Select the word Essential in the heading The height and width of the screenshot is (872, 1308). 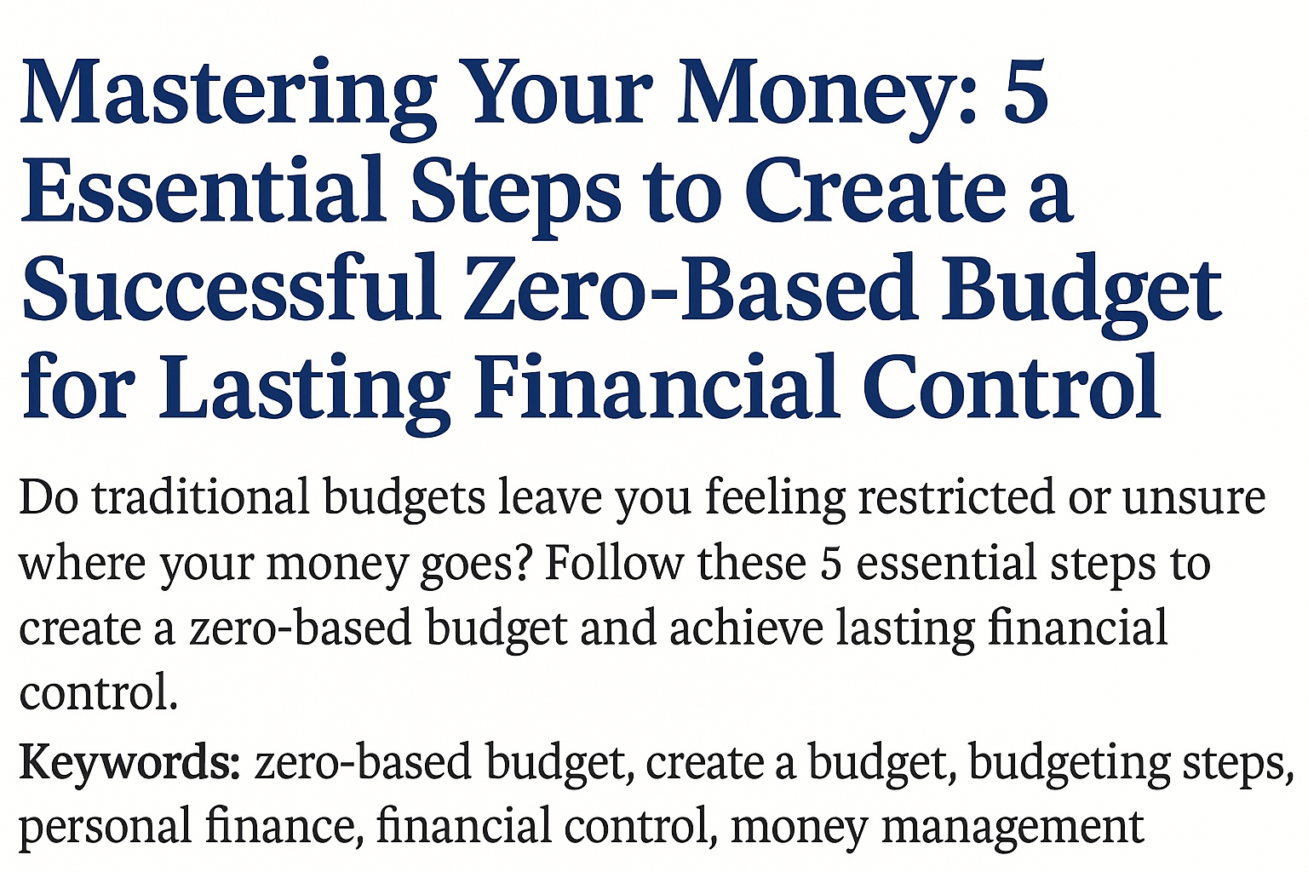pos(203,189)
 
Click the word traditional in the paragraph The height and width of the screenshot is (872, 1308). pos(201,497)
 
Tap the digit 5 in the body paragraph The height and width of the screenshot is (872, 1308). pos(830,564)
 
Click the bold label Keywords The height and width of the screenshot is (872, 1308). pos(129,763)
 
